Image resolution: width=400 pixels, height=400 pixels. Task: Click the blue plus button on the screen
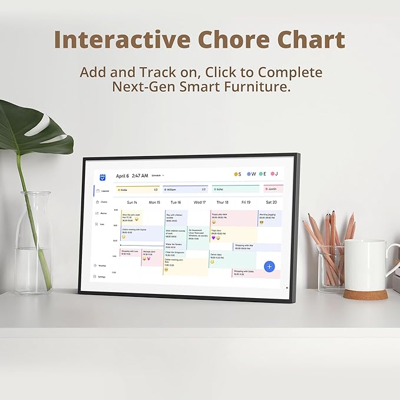pos(270,266)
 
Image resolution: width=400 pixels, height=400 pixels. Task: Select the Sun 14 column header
pos(133,202)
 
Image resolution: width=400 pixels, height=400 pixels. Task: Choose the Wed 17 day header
pos(200,202)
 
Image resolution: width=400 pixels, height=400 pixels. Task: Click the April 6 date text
pos(123,176)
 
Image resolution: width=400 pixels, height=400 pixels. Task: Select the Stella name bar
pos(137,189)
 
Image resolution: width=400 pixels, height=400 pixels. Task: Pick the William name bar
pos(185,189)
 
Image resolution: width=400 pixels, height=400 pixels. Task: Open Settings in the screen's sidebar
pos(102,276)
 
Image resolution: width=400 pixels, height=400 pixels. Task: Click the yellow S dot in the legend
pos(236,174)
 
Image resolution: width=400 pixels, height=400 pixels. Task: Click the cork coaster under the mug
pos(365,293)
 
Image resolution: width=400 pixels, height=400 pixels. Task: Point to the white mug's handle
pos(394,259)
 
